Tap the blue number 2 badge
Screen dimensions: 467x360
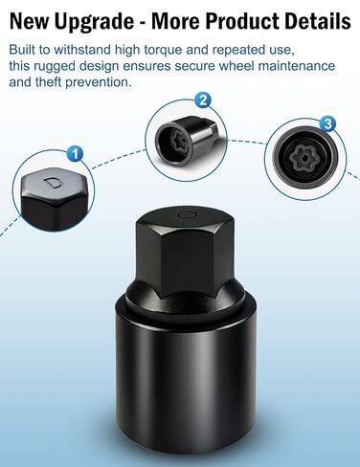(x=202, y=100)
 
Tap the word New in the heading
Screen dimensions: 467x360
(x=33, y=21)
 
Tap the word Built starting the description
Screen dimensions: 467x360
(x=30, y=50)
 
